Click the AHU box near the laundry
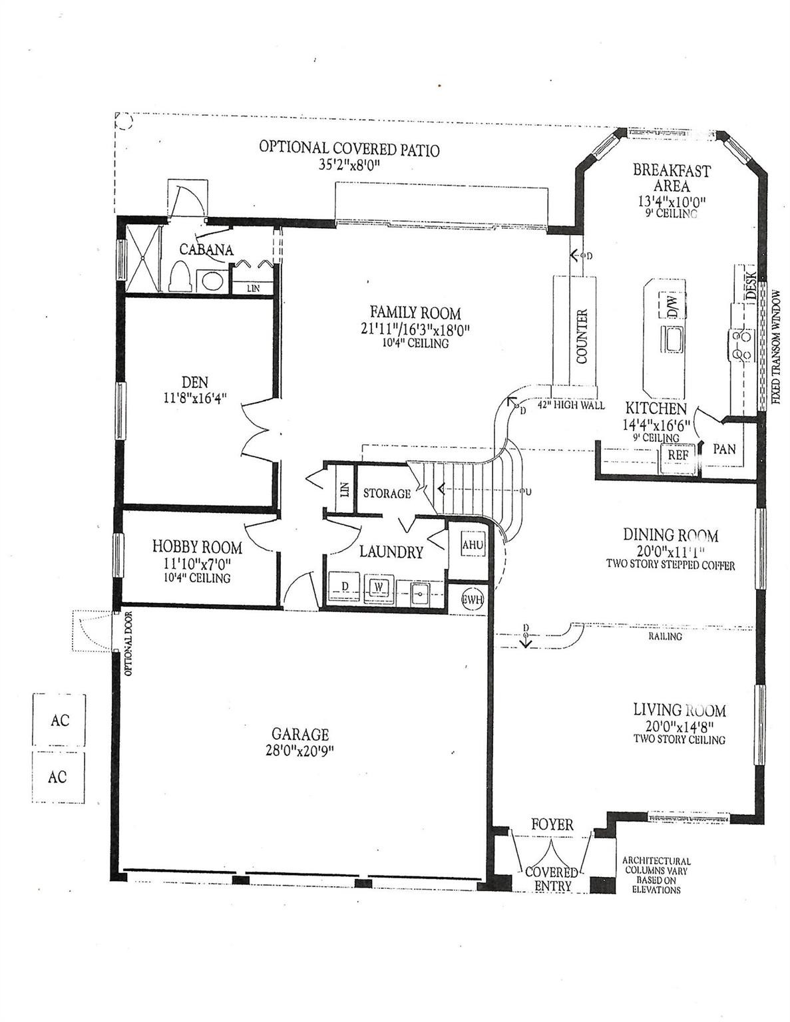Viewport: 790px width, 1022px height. tap(473, 545)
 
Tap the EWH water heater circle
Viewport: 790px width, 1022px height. tap(473, 597)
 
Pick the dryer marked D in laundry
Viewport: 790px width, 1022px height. tap(345, 586)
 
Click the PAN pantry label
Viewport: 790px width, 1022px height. tap(724, 449)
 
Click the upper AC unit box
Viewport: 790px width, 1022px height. tap(59, 720)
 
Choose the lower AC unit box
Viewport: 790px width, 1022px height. tap(58, 776)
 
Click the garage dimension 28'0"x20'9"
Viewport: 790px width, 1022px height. tap(300, 751)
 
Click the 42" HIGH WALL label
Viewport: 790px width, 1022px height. tap(571, 405)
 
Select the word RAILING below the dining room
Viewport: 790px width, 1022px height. tap(665, 637)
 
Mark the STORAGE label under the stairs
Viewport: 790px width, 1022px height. tap(386, 494)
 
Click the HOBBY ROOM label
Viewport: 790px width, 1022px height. tap(197, 547)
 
